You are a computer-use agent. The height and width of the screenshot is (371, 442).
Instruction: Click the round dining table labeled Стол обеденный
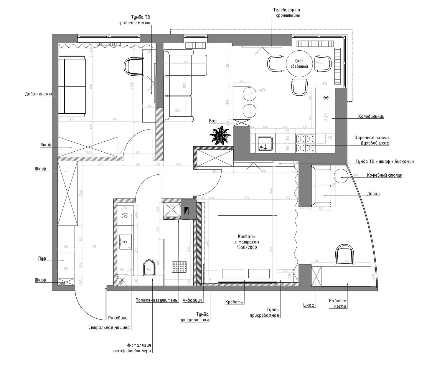(x=299, y=64)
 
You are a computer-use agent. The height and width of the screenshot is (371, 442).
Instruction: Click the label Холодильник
(x=371, y=116)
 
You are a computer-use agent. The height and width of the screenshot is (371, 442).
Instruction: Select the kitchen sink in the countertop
(x=265, y=143)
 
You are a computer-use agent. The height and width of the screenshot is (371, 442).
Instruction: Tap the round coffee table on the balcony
(x=341, y=176)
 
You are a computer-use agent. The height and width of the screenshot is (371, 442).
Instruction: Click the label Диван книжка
(x=39, y=94)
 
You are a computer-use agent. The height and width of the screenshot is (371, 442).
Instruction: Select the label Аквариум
(x=192, y=300)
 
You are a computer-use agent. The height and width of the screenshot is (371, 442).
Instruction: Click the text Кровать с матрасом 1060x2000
(x=247, y=242)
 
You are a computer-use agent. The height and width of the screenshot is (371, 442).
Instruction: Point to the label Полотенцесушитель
(x=157, y=300)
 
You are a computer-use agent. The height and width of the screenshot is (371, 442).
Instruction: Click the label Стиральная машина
(x=109, y=327)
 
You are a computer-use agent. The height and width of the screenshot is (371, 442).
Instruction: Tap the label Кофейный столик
(x=384, y=175)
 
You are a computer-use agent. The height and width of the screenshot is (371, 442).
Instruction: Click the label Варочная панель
(x=372, y=138)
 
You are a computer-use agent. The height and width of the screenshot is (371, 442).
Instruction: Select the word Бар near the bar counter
(x=213, y=121)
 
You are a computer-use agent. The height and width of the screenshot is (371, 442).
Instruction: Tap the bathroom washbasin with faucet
(x=125, y=242)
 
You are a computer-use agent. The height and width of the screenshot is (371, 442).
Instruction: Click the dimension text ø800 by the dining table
(x=319, y=62)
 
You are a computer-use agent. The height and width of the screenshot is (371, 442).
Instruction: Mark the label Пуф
(x=42, y=259)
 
